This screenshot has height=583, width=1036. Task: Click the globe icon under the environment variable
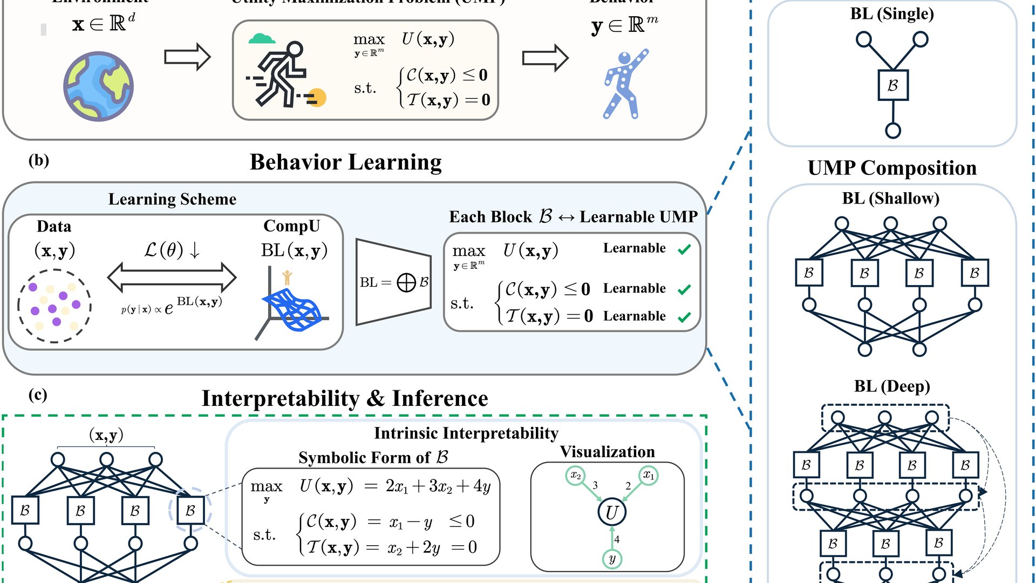coord(98,86)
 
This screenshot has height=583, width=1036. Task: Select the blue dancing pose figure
coord(624,84)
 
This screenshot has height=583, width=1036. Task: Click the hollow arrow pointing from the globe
coord(187,57)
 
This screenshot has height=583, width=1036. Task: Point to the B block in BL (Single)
coord(893,85)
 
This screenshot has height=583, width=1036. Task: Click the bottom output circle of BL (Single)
coord(893,131)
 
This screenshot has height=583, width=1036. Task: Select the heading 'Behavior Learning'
coord(345,162)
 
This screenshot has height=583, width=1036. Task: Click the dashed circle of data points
coord(54,306)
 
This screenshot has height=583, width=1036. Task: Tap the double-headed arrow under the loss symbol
coord(172,277)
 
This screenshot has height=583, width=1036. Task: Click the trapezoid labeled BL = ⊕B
coord(393,282)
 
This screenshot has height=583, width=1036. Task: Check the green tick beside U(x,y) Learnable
coord(684,249)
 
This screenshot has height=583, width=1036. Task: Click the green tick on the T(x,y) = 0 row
coord(684,317)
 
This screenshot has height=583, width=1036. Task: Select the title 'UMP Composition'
coord(892,168)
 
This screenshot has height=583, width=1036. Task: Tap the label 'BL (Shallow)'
coord(890,198)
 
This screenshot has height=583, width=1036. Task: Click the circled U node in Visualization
coord(612,512)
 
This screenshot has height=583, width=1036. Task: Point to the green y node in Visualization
coord(612,559)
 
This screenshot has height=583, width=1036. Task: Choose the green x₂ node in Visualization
coord(576,476)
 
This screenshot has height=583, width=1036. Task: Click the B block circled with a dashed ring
coord(190,510)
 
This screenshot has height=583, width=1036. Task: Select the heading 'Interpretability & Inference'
coord(345,398)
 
